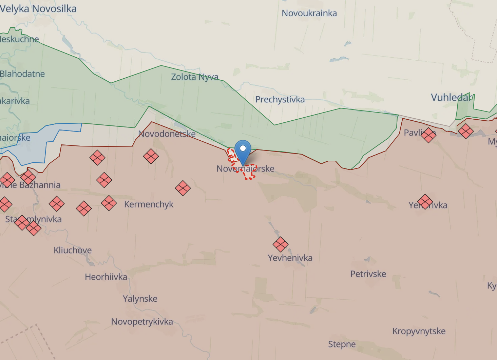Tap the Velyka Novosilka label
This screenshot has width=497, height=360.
(x=38, y=9)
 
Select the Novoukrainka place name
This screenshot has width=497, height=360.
(x=309, y=13)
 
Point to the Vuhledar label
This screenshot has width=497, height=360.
(x=452, y=98)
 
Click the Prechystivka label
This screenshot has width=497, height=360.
(x=280, y=99)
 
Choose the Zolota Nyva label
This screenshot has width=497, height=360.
(x=194, y=77)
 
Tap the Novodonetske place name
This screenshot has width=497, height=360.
(x=167, y=134)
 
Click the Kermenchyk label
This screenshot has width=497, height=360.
(x=149, y=204)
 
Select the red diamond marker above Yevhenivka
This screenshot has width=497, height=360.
(x=281, y=244)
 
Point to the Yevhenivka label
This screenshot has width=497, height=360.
(x=290, y=258)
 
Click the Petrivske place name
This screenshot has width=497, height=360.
(x=368, y=274)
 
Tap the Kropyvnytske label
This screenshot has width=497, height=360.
(x=419, y=331)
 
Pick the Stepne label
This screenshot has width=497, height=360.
(x=342, y=344)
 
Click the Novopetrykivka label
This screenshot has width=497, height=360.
(x=142, y=322)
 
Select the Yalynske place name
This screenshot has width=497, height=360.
(x=140, y=299)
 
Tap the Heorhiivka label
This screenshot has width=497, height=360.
(x=106, y=277)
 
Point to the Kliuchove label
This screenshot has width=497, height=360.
(x=73, y=250)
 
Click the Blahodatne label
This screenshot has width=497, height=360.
(x=22, y=74)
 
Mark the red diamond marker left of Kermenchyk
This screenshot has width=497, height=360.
(x=109, y=203)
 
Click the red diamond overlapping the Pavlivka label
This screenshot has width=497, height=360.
(x=428, y=135)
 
